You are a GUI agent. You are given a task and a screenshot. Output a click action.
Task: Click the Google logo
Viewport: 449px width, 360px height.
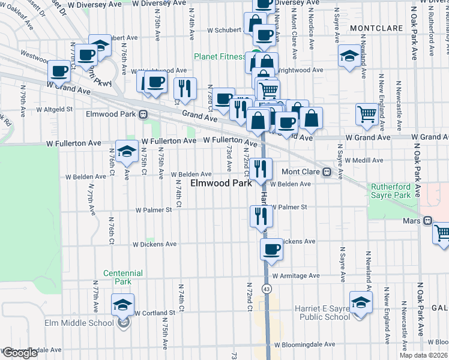[19, 353]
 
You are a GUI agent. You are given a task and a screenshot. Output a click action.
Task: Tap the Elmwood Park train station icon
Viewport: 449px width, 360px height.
[143, 114]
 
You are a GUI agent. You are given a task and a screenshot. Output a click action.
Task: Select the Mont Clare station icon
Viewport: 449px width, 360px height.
[327, 172]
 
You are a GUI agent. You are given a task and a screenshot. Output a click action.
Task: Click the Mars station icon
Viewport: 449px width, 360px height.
[427, 220]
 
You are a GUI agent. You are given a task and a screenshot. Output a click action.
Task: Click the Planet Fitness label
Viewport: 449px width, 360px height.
[219, 57]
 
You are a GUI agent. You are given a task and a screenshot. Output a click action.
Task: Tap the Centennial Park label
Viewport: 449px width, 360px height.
[122, 277]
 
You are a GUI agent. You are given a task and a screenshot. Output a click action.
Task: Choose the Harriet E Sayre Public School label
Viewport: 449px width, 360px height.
[322, 313]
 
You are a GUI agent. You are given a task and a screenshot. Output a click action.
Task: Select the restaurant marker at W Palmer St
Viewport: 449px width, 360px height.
[261, 215]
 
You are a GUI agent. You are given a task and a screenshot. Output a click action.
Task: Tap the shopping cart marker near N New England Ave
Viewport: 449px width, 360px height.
[366, 113]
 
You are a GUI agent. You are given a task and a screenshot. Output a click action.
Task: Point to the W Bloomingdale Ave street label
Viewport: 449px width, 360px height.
[303, 345]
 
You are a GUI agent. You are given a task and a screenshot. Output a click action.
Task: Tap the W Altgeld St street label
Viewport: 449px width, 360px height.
[54, 110]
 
